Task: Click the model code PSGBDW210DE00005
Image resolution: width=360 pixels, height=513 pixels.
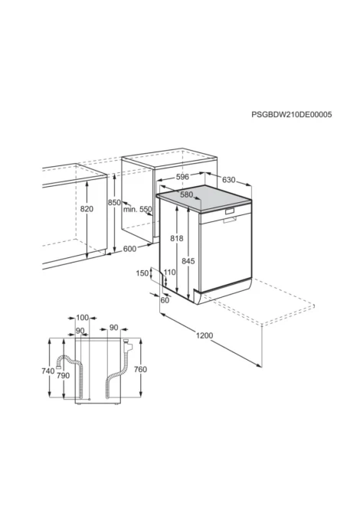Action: pos(291,115)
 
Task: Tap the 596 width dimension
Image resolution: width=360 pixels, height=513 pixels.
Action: pos(182,177)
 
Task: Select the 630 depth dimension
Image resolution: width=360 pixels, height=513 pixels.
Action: pos(229,180)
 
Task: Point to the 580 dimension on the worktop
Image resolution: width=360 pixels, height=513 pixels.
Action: pos(187,194)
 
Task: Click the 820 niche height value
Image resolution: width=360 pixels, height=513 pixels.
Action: pos(87,209)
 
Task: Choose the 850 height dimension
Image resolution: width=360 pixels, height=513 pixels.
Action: pos(115,202)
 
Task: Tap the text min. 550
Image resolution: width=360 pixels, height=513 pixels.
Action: pos(137,209)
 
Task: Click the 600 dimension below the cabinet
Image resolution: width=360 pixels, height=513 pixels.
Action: pos(129,249)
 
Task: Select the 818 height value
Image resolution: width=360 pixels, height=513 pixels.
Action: pos(177,238)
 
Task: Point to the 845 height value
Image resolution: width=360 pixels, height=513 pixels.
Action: pos(188,261)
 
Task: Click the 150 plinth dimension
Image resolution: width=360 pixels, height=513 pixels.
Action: pos(142,273)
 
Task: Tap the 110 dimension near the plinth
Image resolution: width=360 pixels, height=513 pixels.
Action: pos(169,273)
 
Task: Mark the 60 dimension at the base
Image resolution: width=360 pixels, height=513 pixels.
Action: pos(165,300)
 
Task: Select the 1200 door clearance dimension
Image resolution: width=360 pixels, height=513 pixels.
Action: pos(205,335)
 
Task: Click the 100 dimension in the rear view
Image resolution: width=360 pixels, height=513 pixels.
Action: pos(83,317)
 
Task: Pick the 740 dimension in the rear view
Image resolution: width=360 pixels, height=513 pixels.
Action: pos(48,371)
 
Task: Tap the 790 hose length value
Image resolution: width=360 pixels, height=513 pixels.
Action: pos(63,376)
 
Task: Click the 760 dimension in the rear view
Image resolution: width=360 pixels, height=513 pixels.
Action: pos(140,369)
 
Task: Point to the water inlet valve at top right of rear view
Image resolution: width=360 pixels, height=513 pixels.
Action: pos(127,345)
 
